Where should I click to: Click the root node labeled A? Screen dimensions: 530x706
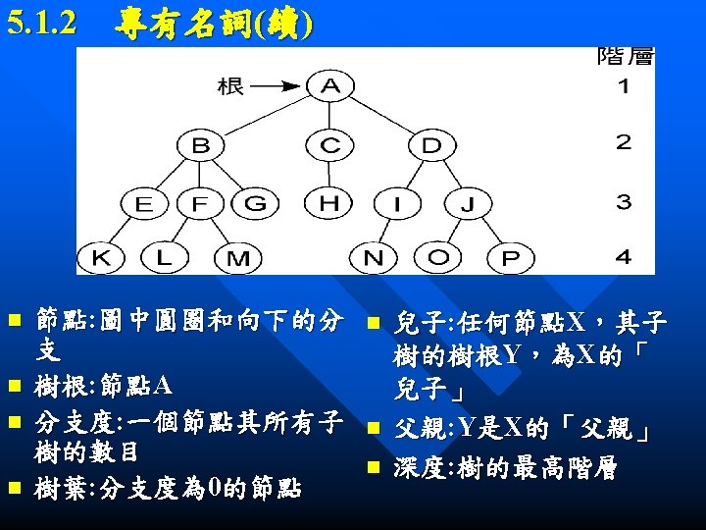tap(331, 86)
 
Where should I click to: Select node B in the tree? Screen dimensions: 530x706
tap(201, 145)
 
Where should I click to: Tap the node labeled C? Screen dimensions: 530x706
tap(331, 145)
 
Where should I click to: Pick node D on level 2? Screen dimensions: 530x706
tap(431, 145)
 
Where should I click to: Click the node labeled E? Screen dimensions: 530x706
tap(144, 204)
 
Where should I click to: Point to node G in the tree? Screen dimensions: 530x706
tap(255, 204)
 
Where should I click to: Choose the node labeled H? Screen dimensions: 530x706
tap(331, 203)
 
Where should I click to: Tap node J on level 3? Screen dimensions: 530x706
tap(468, 204)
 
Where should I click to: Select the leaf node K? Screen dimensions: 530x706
tap(102, 258)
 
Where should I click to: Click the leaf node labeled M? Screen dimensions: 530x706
tap(238, 259)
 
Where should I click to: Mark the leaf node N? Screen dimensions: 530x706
tap(374, 258)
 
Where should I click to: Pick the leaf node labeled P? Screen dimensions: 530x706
tap(510, 259)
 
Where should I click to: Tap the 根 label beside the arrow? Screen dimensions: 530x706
tap(231, 86)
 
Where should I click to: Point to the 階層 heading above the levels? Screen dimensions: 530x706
tap(625, 56)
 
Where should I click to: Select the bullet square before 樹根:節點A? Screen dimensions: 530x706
tap(14, 383)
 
